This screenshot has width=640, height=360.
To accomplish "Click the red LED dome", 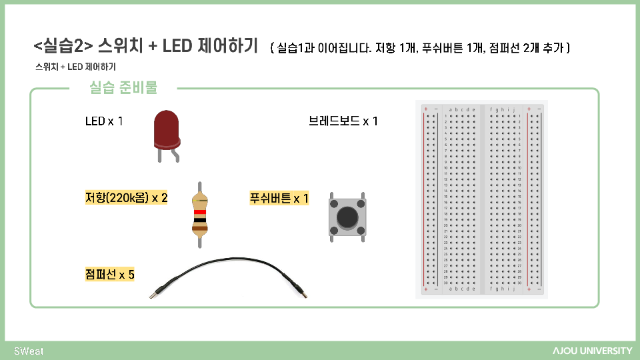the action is pos(167,128).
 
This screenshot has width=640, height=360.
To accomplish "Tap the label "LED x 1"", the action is pos(104,121).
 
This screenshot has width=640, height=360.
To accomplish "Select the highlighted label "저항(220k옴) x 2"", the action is pos(126,198).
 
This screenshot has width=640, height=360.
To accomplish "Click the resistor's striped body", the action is pos(199,214).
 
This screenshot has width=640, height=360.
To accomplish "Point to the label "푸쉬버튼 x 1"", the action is pos(279,198).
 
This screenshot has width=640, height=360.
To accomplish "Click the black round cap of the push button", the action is pos(347,217).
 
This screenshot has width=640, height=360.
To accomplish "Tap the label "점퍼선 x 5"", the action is pos(109,274).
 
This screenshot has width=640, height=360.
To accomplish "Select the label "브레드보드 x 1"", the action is pos(343,121).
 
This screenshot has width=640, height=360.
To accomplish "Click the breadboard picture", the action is pos(481,199).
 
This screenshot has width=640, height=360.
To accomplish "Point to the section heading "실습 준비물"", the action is pos(123,88).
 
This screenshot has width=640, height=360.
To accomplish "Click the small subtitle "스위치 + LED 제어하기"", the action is pos(75,67).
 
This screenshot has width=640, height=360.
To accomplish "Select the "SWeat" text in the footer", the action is pos(29,351).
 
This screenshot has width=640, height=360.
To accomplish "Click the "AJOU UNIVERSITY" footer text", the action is pos(591,351).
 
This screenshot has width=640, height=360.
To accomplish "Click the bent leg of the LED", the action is pos(177,155).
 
